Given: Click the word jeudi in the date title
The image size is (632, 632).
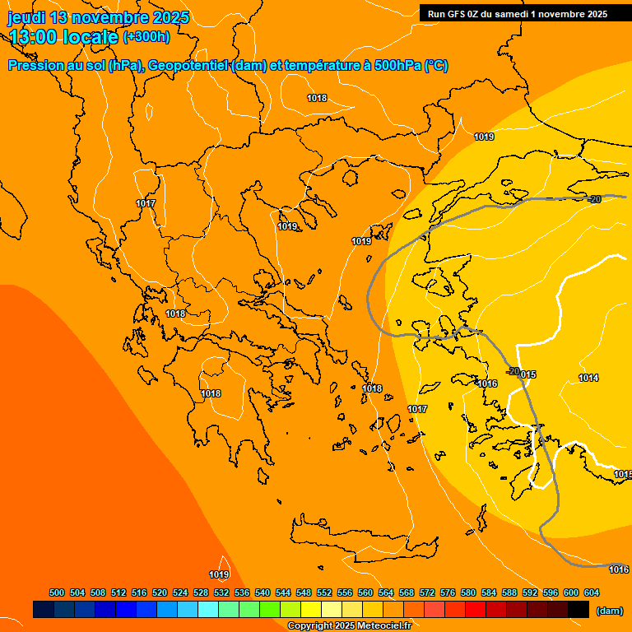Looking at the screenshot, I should tap(26, 17).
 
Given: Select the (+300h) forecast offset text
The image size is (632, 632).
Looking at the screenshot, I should tap(146, 37).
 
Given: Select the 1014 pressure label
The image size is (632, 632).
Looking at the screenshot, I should tap(588, 378).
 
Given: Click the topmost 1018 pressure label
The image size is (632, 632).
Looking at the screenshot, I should tap(317, 98).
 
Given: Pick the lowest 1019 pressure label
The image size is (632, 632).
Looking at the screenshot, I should tap(219, 574).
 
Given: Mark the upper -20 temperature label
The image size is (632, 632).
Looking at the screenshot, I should tap(595, 199).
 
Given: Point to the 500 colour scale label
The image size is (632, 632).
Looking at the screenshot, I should tap(57, 592).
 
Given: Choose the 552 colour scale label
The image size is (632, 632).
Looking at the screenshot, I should tap(324, 592).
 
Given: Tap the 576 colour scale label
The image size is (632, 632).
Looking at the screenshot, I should tap(448, 592).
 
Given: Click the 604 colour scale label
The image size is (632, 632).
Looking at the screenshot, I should tap(592, 592).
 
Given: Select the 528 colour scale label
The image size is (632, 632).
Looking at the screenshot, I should tap(201, 592).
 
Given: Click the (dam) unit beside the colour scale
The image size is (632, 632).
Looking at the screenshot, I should tap(609, 611).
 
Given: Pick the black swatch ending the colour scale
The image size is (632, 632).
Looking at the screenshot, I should tap(579, 610).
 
